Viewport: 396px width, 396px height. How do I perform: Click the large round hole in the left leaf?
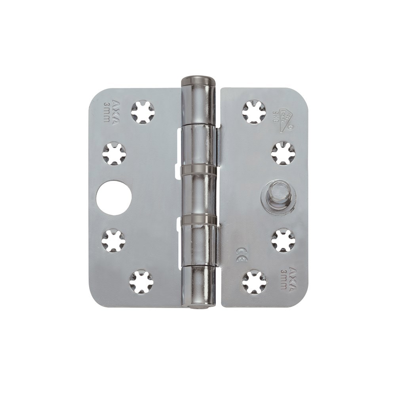click(x=111, y=198)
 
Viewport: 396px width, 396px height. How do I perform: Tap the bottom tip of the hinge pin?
click(x=197, y=306)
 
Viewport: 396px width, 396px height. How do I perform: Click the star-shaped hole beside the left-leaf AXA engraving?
click(x=142, y=112)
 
